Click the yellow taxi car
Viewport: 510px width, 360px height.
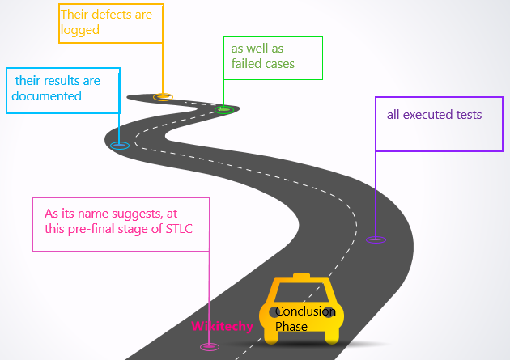click(x=301, y=311)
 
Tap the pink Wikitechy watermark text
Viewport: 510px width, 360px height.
click(x=222, y=326)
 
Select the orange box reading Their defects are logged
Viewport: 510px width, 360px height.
click(x=112, y=23)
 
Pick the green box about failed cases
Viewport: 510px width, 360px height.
click(x=272, y=57)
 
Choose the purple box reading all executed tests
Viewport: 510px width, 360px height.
click(x=439, y=123)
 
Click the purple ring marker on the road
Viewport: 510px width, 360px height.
click(x=376, y=239)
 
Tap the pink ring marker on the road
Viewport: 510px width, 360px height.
click(x=210, y=346)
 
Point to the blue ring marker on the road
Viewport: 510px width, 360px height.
click(x=120, y=146)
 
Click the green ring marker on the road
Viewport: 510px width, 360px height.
click(x=225, y=109)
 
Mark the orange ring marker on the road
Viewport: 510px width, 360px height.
click(x=164, y=97)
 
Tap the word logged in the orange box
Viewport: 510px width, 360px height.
click(x=79, y=30)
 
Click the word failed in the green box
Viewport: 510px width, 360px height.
click(x=246, y=64)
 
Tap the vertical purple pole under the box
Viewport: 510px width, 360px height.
click(x=376, y=194)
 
